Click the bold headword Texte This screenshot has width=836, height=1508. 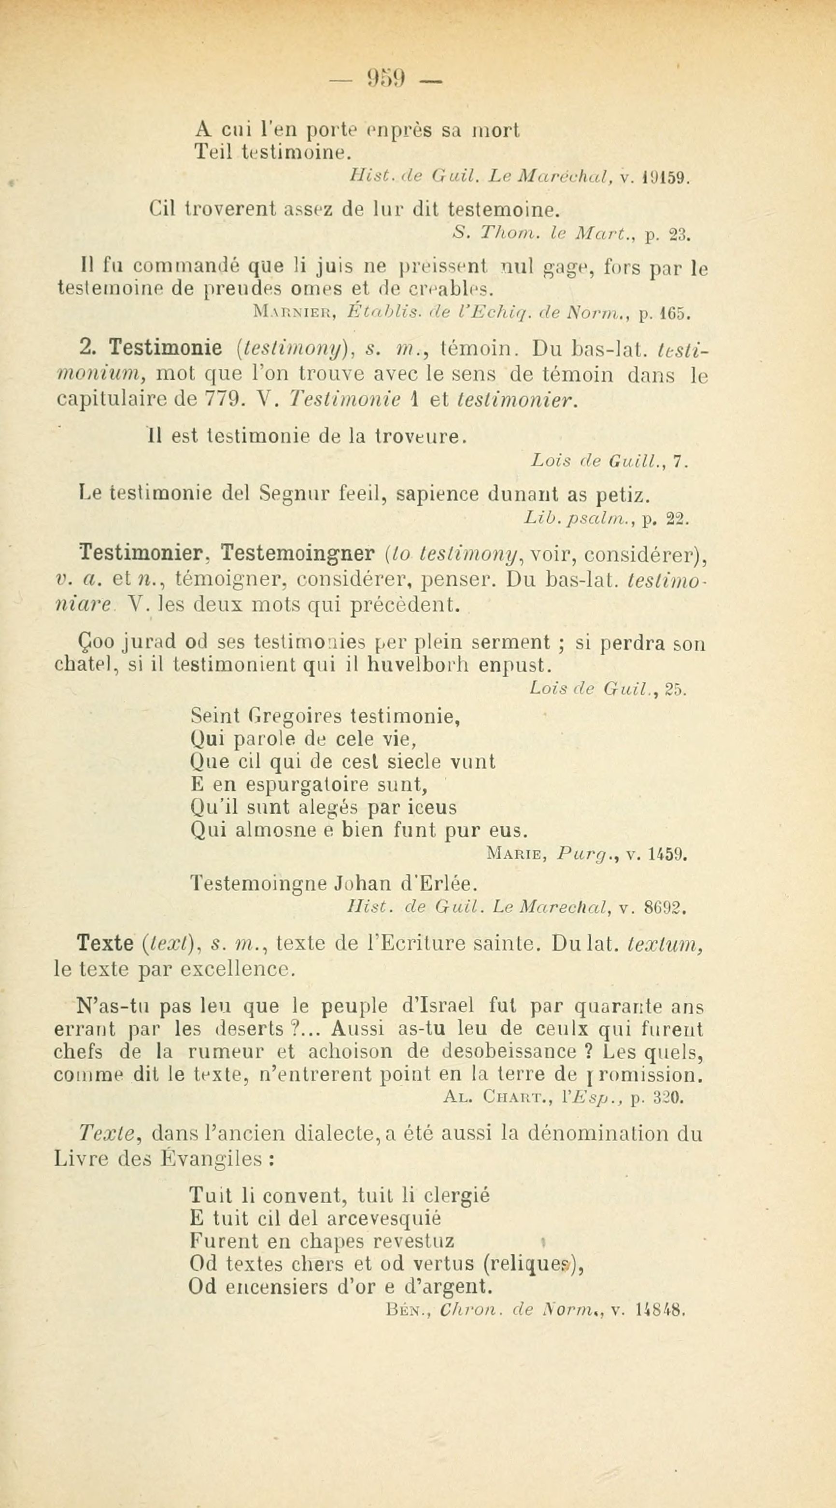tap(105, 944)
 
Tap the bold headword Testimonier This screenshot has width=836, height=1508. tap(145, 553)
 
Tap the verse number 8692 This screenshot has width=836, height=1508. tap(664, 909)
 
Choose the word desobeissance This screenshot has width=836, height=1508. tap(509, 1052)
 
